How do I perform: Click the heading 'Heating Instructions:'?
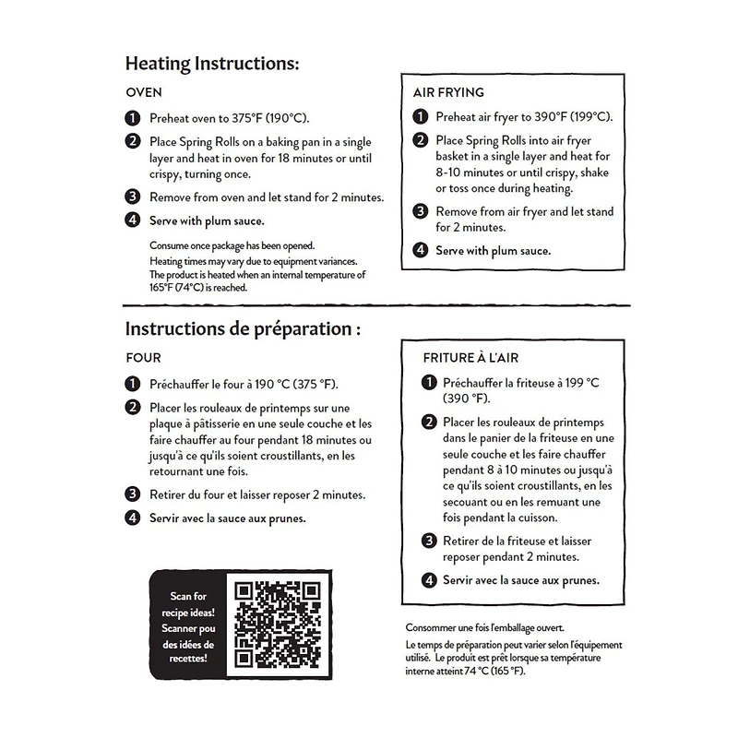[x=212, y=64]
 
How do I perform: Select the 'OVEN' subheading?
[x=143, y=93]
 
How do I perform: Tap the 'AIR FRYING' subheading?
[x=447, y=92]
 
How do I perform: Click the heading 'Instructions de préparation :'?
[x=242, y=328]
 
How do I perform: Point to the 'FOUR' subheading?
[x=143, y=358]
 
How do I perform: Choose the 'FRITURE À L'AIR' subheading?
[x=476, y=357]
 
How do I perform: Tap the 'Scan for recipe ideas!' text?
[x=193, y=604]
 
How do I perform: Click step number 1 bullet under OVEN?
[x=133, y=118]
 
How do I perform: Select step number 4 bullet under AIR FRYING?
[x=420, y=250]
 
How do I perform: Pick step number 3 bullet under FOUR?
[x=133, y=494]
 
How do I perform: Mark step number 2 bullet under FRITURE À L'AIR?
[x=429, y=422]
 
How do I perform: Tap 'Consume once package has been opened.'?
[x=232, y=245]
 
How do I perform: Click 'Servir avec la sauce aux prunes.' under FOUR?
[x=228, y=518]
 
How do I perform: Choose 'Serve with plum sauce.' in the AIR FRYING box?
[x=493, y=250]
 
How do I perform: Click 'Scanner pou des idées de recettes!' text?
[x=193, y=644]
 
